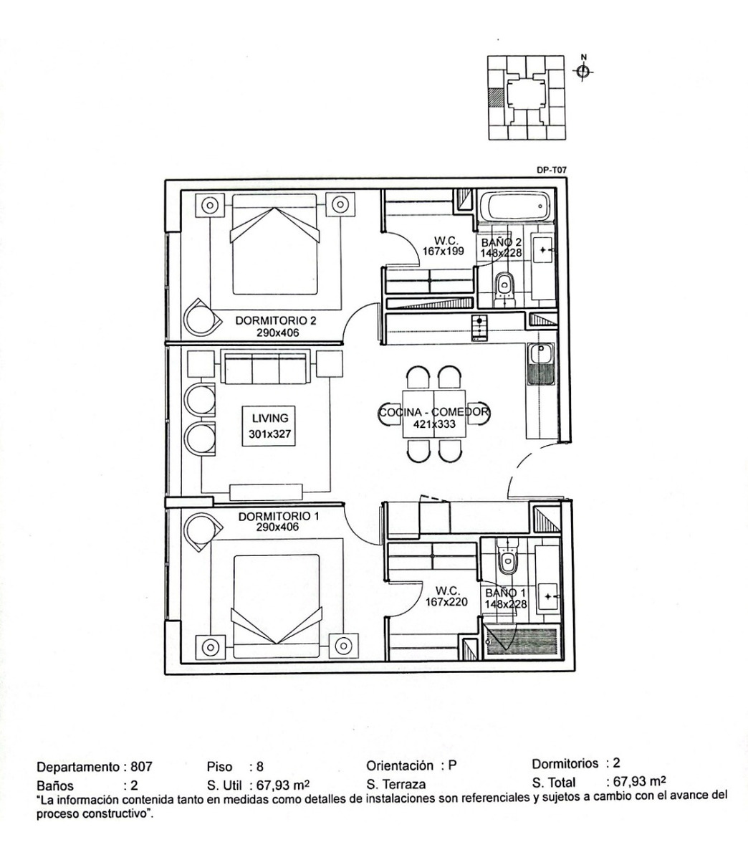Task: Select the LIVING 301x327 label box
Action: point(269,426)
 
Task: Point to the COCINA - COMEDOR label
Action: point(433,418)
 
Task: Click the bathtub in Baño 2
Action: point(515,207)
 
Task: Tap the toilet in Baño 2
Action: point(505,285)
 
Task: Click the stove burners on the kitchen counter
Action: point(478,328)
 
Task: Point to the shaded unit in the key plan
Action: point(494,97)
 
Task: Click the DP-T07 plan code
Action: point(551,171)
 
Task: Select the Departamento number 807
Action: point(141,766)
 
